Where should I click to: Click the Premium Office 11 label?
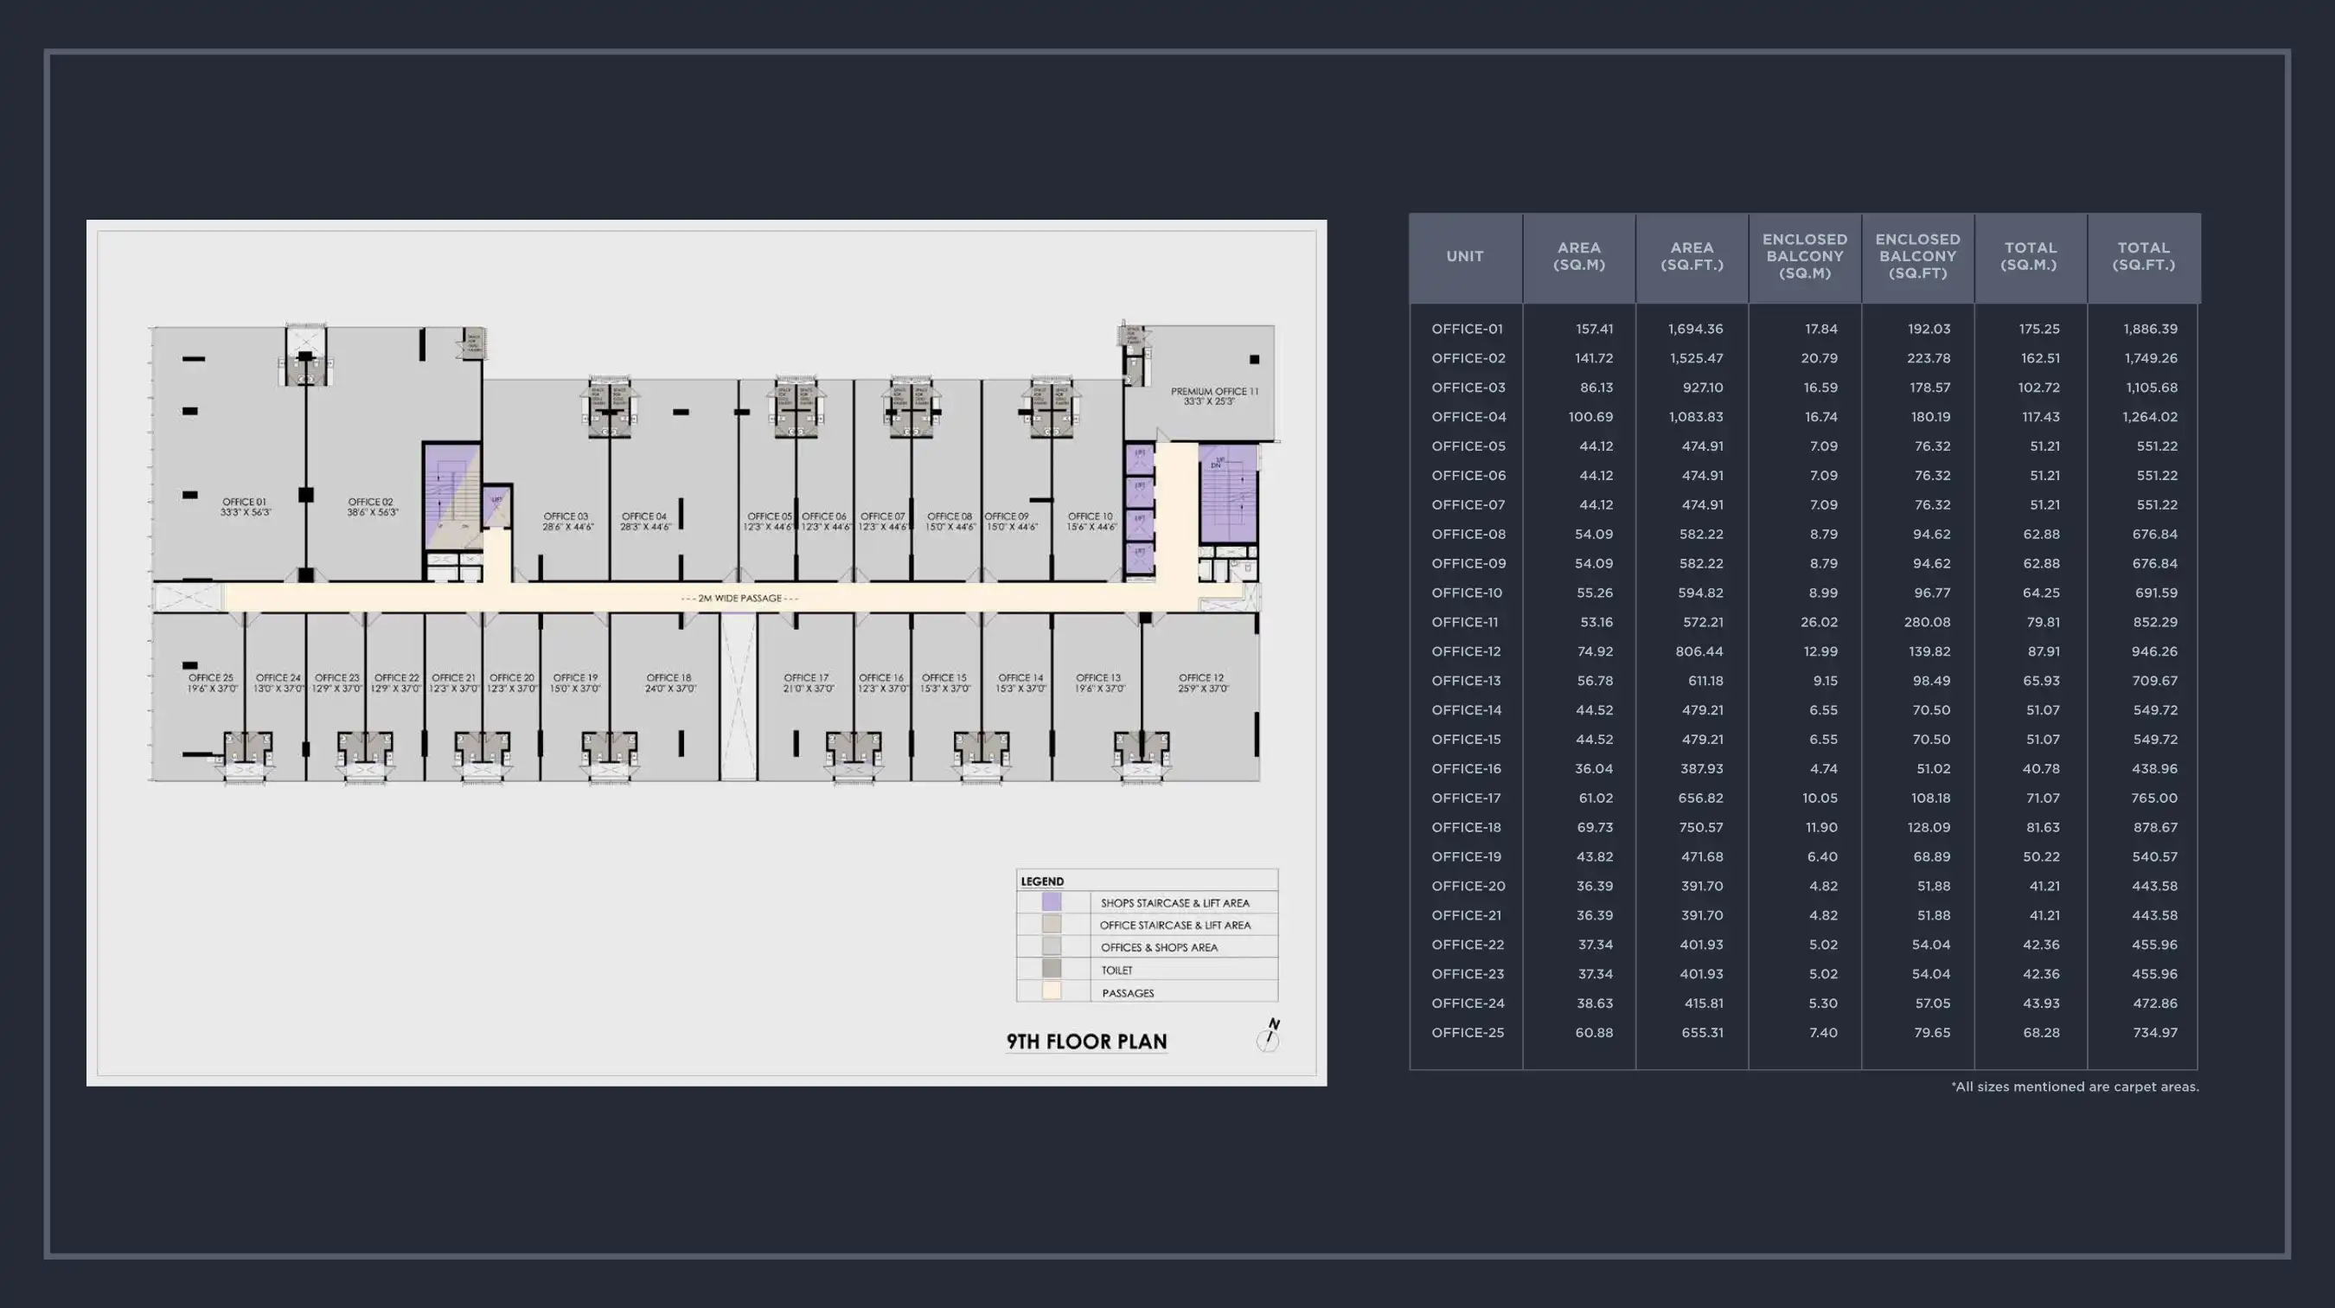1213,396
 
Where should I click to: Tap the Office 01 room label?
245,507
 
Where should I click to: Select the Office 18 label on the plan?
670,683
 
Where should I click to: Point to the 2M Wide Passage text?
739,599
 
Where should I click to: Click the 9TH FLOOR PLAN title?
1086,1042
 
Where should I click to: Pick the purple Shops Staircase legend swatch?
1052,902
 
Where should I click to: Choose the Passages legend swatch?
1052,991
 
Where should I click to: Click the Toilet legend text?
1116,970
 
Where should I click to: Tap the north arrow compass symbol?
1269,1035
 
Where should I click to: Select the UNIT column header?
1465,257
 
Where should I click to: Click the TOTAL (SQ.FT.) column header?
2143,257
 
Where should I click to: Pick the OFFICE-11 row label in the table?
1465,622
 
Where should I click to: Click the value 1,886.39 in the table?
2149,329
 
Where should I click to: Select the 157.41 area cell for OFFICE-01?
1594,329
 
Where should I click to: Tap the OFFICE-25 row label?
1468,1032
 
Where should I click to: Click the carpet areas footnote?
2074,1087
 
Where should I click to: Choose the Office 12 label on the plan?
1202,683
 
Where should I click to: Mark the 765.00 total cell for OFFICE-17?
2153,798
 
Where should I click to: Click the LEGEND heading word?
1041,881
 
